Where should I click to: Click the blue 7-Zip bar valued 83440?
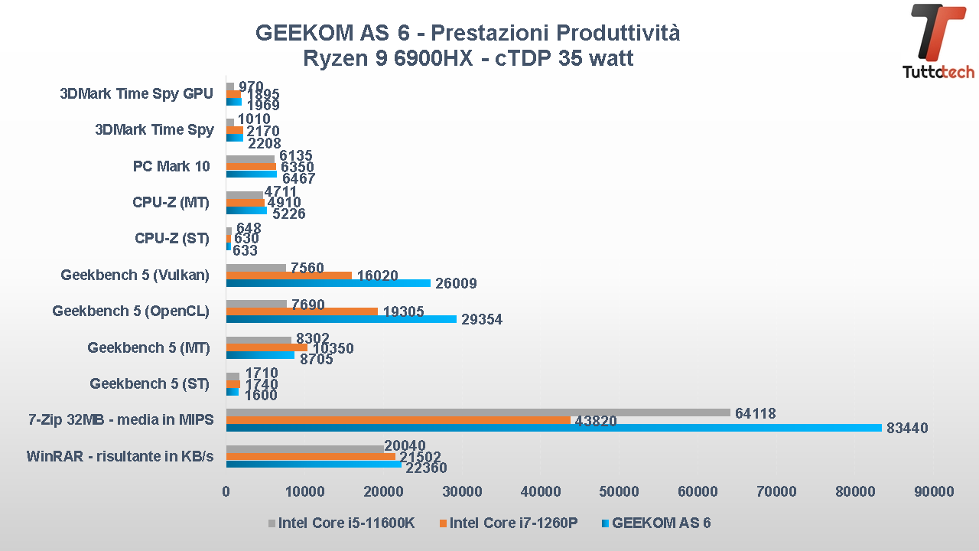pyautogui.click(x=554, y=428)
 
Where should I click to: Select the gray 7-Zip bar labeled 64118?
pyautogui.click(x=478, y=412)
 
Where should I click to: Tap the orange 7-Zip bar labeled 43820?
pyautogui.click(x=398, y=420)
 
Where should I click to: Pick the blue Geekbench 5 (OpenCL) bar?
pyautogui.click(x=341, y=319)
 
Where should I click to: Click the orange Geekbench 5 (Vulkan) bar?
pyautogui.click(x=288, y=275)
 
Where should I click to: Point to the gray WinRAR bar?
pyautogui.click(x=304, y=448)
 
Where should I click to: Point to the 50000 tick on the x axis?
pyautogui.click(x=620, y=492)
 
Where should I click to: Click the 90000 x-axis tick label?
pyautogui.click(x=934, y=492)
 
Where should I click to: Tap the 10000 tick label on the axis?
pyautogui.click(x=304, y=492)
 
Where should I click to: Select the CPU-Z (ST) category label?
pyautogui.click(x=171, y=238)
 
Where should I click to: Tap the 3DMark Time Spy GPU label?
pyautogui.click(x=136, y=94)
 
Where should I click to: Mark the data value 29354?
pyautogui.click(x=481, y=320)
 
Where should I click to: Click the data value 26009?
pyautogui.click(x=455, y=284)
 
